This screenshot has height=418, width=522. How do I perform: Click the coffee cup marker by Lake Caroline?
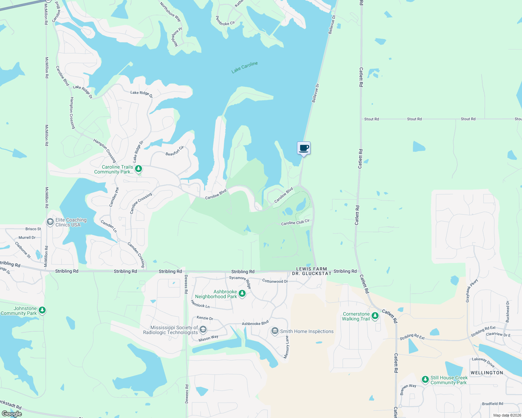304,148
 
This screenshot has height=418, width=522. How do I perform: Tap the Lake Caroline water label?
245,67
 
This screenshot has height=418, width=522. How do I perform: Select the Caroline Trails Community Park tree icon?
139,169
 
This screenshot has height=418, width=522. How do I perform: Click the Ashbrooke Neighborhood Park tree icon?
242,294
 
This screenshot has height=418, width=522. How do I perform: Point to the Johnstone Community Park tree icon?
42,310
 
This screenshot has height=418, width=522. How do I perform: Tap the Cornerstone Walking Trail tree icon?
375,316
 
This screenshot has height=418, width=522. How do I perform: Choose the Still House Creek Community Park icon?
425,379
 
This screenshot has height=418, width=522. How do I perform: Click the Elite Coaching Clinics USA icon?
50,222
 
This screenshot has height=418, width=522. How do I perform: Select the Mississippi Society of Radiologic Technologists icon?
203,330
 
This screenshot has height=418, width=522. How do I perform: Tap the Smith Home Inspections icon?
275,331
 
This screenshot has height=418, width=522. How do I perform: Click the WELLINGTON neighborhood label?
487,373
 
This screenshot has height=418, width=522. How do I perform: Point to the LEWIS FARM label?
312,269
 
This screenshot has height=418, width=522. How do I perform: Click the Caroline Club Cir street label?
295,222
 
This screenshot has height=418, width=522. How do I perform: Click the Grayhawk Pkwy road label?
472,290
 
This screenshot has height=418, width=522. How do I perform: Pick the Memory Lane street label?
287,347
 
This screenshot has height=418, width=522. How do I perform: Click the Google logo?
12,414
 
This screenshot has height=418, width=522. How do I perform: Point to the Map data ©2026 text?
507,415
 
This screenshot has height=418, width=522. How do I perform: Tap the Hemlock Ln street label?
200,304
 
